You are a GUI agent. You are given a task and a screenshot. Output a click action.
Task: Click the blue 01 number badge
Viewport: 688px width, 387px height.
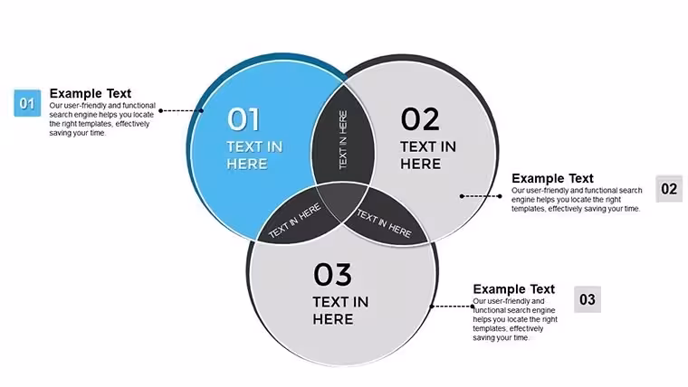click(x=27, y=103)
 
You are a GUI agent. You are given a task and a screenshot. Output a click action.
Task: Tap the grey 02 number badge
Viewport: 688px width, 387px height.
click(x=669, y=189)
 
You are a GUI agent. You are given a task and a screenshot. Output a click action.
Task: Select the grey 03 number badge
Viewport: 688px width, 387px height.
click(x=588, y=299)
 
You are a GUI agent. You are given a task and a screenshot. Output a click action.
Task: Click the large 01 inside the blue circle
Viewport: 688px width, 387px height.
click(x=244, y=119)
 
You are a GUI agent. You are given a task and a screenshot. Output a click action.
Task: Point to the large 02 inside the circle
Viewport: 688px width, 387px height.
click(x=420, y=119)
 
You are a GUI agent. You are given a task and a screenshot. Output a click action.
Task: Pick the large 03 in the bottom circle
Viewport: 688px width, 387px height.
click(x=332, y=274)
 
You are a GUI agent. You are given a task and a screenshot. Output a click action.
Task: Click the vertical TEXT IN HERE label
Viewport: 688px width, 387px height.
click(x=343, y=139)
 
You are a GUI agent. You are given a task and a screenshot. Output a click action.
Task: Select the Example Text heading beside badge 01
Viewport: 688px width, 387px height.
click(x=91, y=93)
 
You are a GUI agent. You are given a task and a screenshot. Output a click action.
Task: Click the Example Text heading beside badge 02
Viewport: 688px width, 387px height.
click(x=552, y=178)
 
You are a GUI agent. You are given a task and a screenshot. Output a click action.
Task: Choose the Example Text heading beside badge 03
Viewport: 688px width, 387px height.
click(x=514, y=289)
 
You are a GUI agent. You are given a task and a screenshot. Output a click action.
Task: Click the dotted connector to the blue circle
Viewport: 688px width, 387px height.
click(x=181, y=110)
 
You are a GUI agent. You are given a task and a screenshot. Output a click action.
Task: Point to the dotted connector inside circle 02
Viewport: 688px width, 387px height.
click(x=481, y=196)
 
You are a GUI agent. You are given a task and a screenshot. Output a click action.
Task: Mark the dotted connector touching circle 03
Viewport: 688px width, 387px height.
click(x=452, y=307)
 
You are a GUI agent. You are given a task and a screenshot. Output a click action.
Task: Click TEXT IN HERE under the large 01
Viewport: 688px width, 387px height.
click(x=254, y=156)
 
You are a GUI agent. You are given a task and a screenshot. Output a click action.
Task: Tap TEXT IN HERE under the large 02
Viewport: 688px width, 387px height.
click(x=428, y=156)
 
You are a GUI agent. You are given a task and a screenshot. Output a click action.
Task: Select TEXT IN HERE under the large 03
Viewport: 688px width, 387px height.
click(x=340, y=310)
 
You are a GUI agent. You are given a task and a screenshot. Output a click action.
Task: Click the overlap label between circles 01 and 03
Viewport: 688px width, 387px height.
click(x=294, y=222)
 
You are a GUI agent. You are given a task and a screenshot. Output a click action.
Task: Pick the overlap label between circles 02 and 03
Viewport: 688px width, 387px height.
click(x=385, y=223)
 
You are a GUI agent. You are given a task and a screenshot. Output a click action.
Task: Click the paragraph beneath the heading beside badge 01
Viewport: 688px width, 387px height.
click(x=102, y=119)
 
